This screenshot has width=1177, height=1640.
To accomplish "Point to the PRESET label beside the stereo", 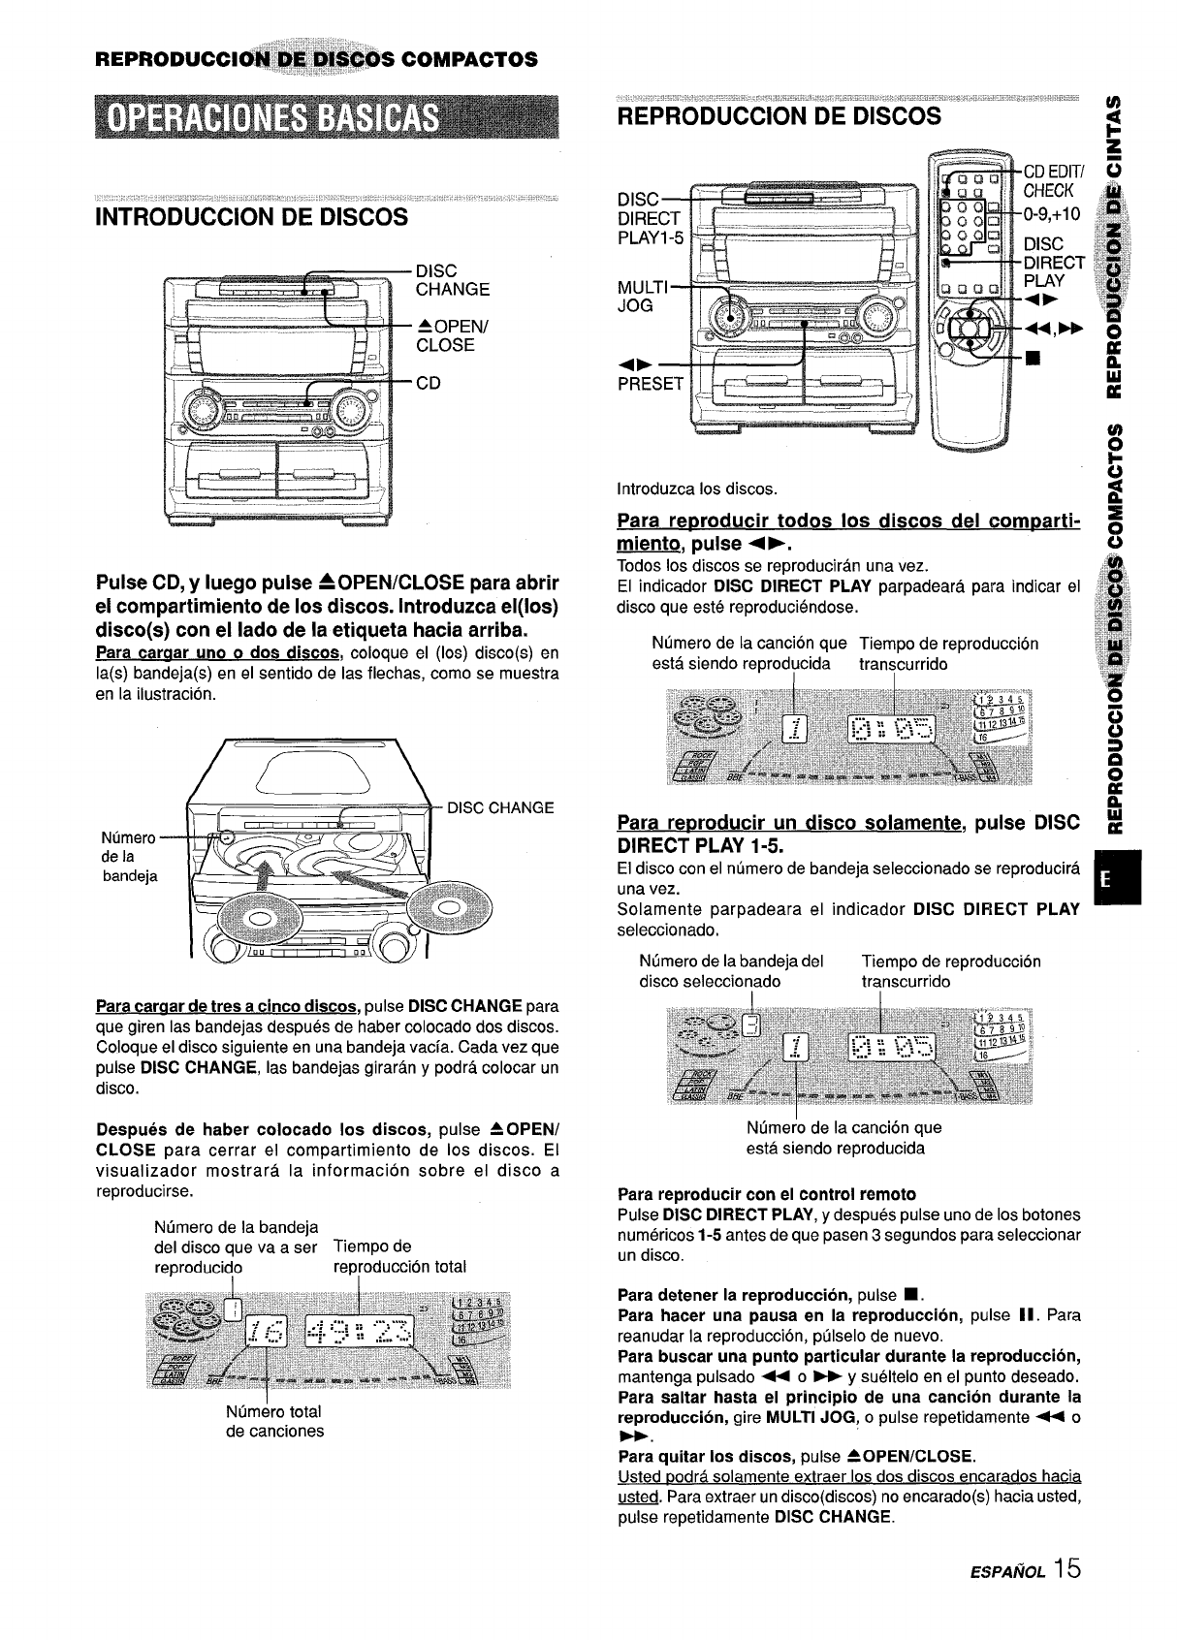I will point(650,383).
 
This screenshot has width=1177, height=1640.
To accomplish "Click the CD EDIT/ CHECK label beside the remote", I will point(1053,180).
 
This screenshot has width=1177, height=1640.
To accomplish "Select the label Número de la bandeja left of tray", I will point(129,857).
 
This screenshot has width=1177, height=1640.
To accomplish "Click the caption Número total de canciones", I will point(274,1421).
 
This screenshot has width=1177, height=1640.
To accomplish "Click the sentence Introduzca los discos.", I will point(697,489).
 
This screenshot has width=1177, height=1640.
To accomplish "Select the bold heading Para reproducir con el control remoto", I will point(766,1193).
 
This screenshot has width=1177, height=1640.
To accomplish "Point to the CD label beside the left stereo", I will point(428,382).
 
